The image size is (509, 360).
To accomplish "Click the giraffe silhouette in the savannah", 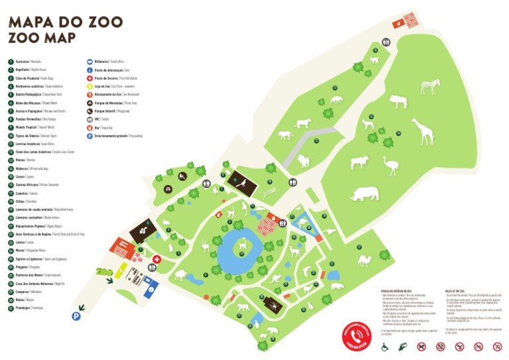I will tap(422, 131).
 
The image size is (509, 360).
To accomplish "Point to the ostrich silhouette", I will tap(390, 165).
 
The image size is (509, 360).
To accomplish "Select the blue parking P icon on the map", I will tap(77, 317).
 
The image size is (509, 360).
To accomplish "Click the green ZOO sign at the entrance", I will tap(105, 271).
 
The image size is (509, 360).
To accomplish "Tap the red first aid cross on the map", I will tap(157, 259).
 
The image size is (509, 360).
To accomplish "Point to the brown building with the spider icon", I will tap(272, 304).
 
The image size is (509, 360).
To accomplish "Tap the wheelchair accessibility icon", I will tap(384, 346).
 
